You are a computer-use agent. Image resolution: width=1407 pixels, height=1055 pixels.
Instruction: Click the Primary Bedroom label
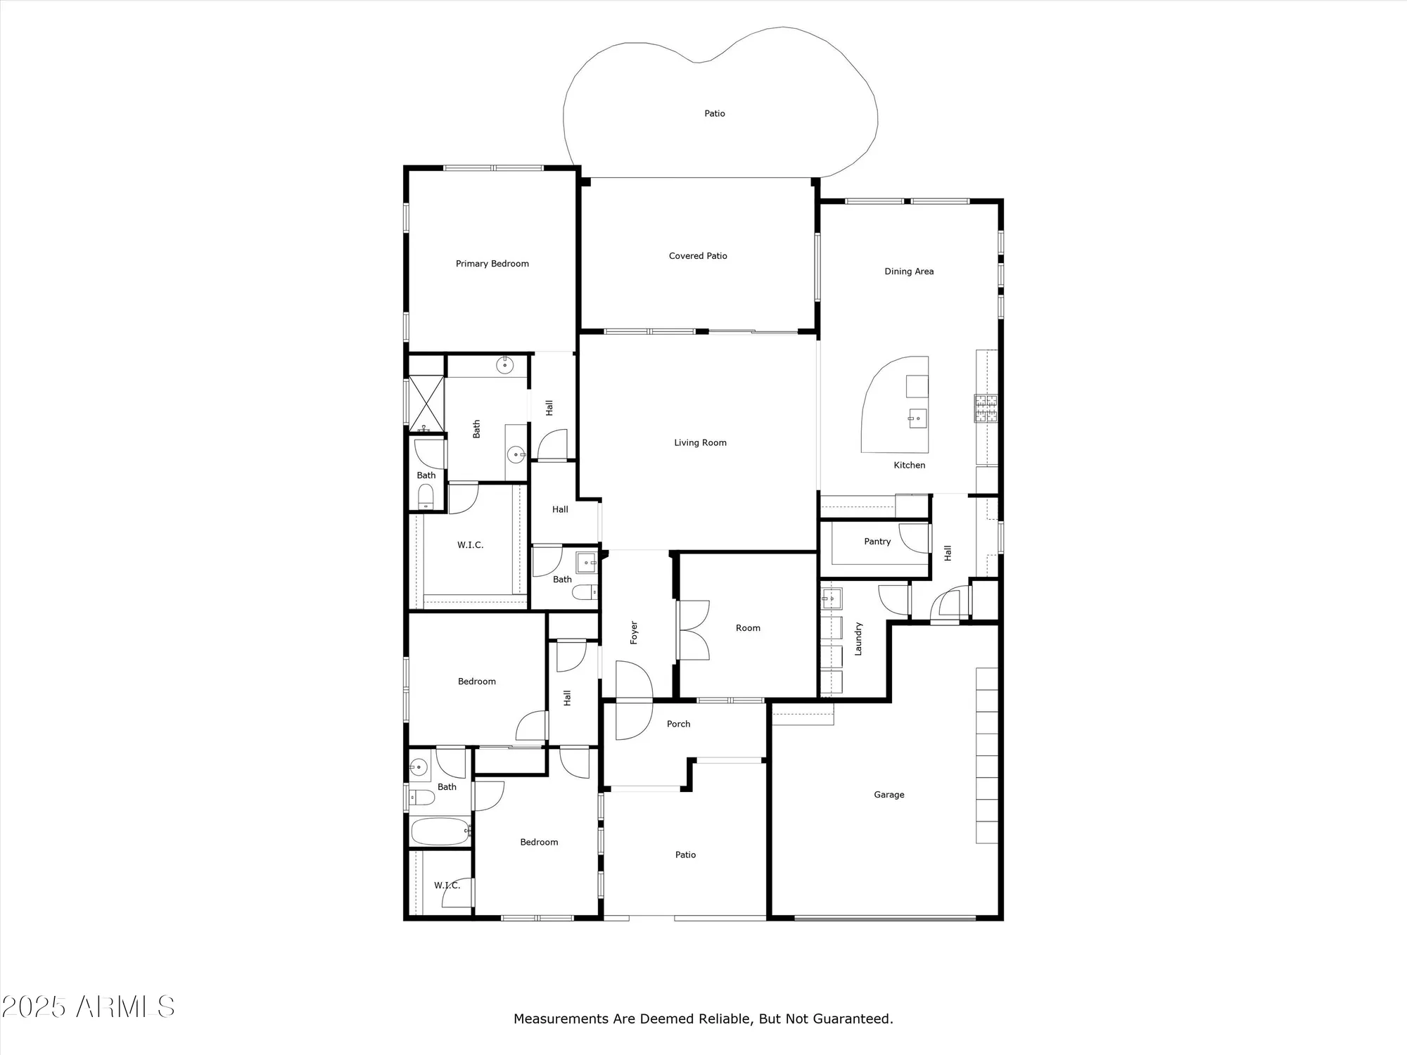coord(492,264)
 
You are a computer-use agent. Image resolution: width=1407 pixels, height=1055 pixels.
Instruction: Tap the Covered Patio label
coord(698,256)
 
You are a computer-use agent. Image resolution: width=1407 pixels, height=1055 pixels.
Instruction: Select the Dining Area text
coord(909,271)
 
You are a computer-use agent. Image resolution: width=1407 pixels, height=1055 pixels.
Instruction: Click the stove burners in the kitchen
coord(986,408)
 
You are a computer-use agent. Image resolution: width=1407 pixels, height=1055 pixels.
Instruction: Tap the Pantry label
coord(877,542)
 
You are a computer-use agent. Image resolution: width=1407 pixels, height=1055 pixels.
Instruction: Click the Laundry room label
coord(858,639)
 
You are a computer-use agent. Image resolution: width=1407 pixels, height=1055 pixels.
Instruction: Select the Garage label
coord(889,795)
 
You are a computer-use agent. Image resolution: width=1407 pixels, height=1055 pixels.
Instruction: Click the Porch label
coord(678,724)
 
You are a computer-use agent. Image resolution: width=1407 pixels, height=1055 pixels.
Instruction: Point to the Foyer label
coord(634,632)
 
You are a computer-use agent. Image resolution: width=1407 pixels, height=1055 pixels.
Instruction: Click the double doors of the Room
coord(694,629)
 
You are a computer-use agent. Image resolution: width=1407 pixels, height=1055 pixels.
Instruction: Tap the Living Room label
coord(700,442)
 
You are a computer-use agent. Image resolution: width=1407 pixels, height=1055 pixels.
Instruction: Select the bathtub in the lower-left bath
coord(440,831)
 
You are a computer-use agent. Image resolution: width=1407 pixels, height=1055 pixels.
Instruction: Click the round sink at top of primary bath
coord(504,365)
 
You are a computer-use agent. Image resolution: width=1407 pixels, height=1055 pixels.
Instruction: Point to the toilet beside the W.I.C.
coord(426,497)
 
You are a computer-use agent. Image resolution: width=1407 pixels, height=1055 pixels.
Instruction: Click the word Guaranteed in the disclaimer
coord(853,1018)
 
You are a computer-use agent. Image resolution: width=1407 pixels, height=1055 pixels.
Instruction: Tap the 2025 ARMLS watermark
coord(88,1006)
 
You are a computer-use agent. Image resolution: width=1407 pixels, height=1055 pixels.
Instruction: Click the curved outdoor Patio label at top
coord(715,113)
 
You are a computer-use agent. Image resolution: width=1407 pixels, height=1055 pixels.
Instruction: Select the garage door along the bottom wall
coord(885,918)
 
